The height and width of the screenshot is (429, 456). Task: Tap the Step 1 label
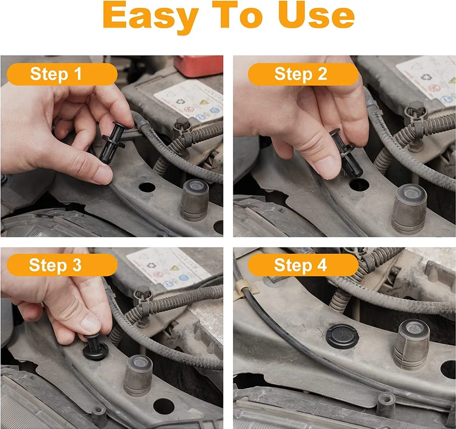coord(62,74)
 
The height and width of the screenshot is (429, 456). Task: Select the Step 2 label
coord(303,74)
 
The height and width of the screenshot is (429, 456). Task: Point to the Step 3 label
coord(62,265)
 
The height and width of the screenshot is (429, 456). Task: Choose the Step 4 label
coord(303,265)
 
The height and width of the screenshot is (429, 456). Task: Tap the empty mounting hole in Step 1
coord(147,187)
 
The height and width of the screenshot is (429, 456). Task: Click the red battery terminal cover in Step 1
coord(198,65)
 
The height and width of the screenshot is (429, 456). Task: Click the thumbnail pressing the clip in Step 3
coord(90,324)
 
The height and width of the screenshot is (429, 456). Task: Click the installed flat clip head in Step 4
coord(342,336)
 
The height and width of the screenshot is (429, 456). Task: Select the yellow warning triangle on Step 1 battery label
coord(204,102)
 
